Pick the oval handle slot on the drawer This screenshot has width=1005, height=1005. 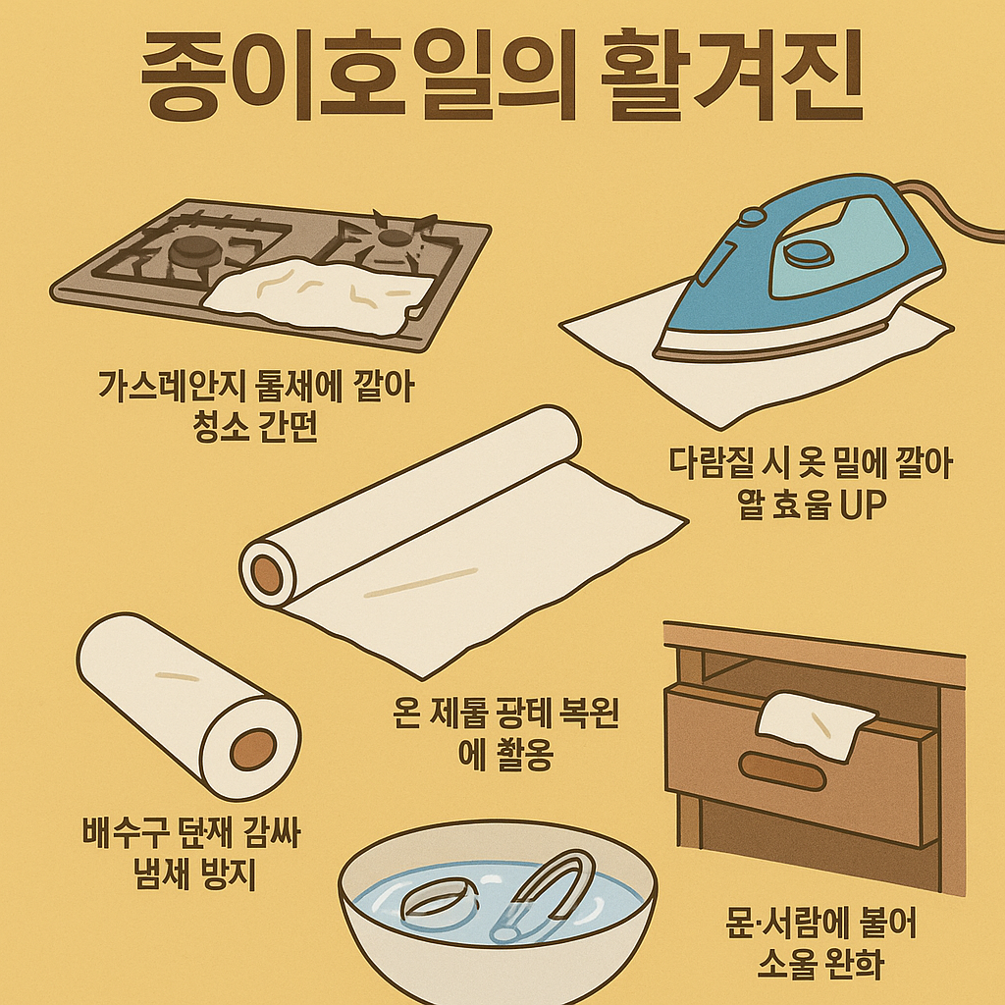point(783,771)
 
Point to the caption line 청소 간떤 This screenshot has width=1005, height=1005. point(250,429)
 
